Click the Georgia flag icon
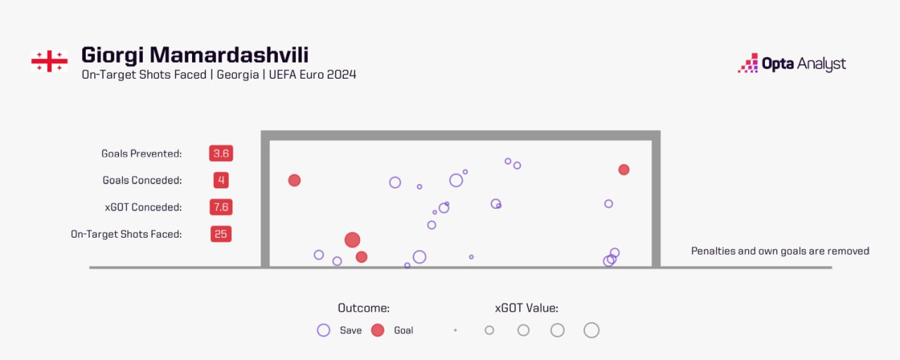click(49, 61)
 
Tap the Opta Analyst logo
click(792, 64)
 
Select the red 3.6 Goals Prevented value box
click(221, 153)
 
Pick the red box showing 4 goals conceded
click(221, 180)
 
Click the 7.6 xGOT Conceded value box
click(221, 207)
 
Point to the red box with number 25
click(221, 234)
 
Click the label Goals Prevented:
click(141, 153)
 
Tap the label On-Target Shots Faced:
click(127, 234)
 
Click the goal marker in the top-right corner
click(624, 169)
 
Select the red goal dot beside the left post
click(295, 180)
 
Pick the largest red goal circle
click(352, 240)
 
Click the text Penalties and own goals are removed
click(780, 251)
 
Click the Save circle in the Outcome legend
click(323, 330)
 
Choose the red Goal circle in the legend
click(378, 330)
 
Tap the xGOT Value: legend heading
click(527, 308)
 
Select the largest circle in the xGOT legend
click(591, 330)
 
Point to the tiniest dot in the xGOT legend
click(456, 330)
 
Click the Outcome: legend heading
click(364, 308)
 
